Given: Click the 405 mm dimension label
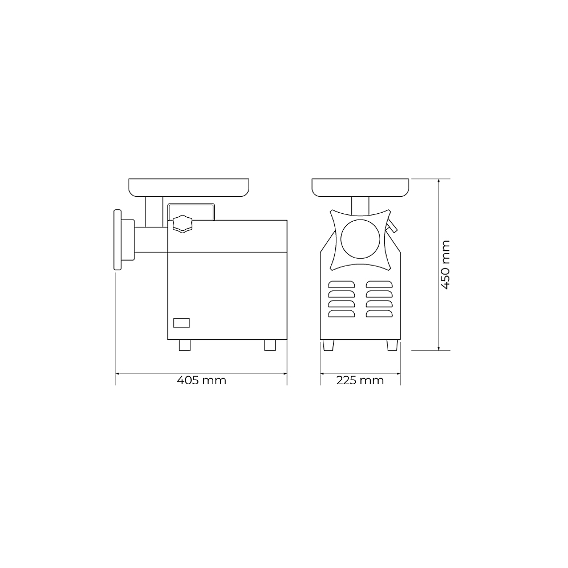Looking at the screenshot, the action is [x=201, y=380].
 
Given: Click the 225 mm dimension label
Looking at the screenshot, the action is [x=360, y=380].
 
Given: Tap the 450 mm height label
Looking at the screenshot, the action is [x=445, y=265].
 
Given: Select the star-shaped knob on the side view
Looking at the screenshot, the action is [x=182, y=224].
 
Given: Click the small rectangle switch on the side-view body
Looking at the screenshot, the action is [x=181, y=323].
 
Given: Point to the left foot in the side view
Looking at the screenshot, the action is [x=185, y=345].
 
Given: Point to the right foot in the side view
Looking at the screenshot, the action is [x=270, y=345].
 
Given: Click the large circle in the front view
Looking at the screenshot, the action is [x=360, y=239].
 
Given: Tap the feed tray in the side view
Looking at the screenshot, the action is [x=189, y=188].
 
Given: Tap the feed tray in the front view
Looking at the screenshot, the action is [x=360, y=188].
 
